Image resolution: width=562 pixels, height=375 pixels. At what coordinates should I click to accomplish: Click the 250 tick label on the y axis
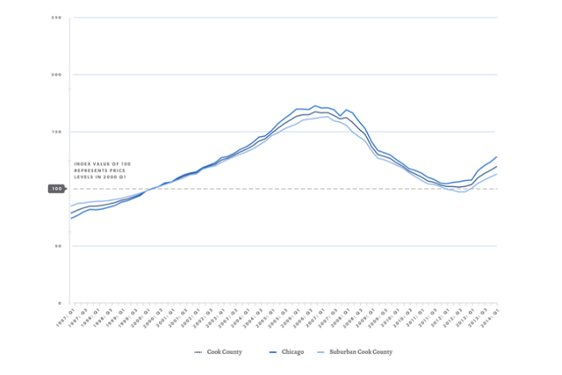tap(55, 18)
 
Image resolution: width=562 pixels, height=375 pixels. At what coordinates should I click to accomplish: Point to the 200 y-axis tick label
tap(55, 75)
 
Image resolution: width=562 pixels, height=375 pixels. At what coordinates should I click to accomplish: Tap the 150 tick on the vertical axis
tap(55, 132)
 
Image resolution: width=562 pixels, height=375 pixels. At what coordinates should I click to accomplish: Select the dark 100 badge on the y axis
tap(55, 189)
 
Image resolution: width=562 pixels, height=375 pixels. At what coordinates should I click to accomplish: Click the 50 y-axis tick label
tap(57, 246)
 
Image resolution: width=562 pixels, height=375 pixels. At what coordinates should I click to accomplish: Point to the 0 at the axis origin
tap(59, 303)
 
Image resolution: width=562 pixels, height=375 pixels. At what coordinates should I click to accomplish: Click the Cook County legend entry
tap(218, 351)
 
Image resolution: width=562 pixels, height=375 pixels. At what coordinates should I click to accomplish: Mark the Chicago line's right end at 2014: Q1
tap(498, 157)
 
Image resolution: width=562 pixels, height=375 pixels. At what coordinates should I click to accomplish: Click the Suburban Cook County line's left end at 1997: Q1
tap(70, 207)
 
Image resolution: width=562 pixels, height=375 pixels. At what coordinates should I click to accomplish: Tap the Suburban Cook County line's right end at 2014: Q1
tap(498, 174)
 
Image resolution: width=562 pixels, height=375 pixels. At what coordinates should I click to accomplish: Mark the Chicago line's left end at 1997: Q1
tap(70, 218)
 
